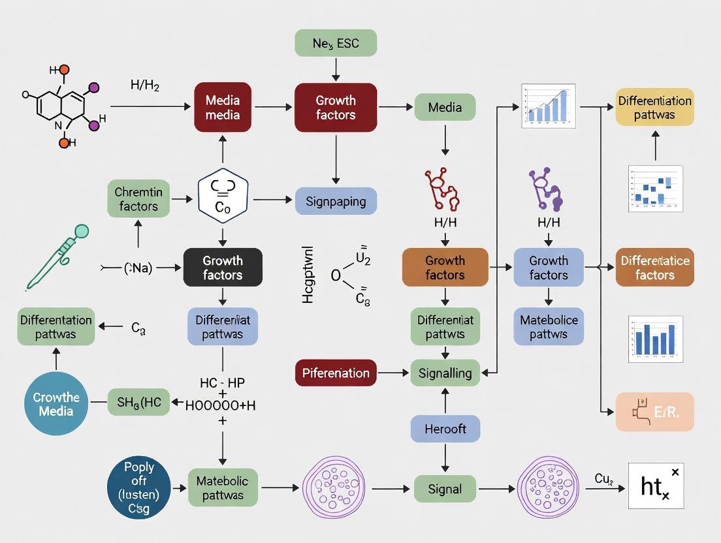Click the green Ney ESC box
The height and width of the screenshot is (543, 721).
336,44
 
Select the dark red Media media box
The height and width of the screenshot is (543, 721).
223,108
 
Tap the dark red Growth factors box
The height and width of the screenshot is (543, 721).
336,108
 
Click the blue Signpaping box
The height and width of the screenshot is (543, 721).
336,201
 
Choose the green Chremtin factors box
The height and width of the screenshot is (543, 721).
137,200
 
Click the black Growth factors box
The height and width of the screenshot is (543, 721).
223,268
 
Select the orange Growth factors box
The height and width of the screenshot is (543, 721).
445,268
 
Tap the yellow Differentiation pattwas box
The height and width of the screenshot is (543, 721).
654,108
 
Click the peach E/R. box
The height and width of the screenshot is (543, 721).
654,412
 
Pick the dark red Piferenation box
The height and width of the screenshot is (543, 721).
336,373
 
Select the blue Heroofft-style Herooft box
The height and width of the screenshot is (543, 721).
445,429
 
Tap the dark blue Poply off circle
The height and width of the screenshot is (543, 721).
138,488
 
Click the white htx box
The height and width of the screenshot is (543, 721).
656,486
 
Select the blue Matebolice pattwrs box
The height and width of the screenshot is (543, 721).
549,327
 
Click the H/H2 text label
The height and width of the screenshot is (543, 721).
144,85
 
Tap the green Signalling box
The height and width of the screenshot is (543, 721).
445,373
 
